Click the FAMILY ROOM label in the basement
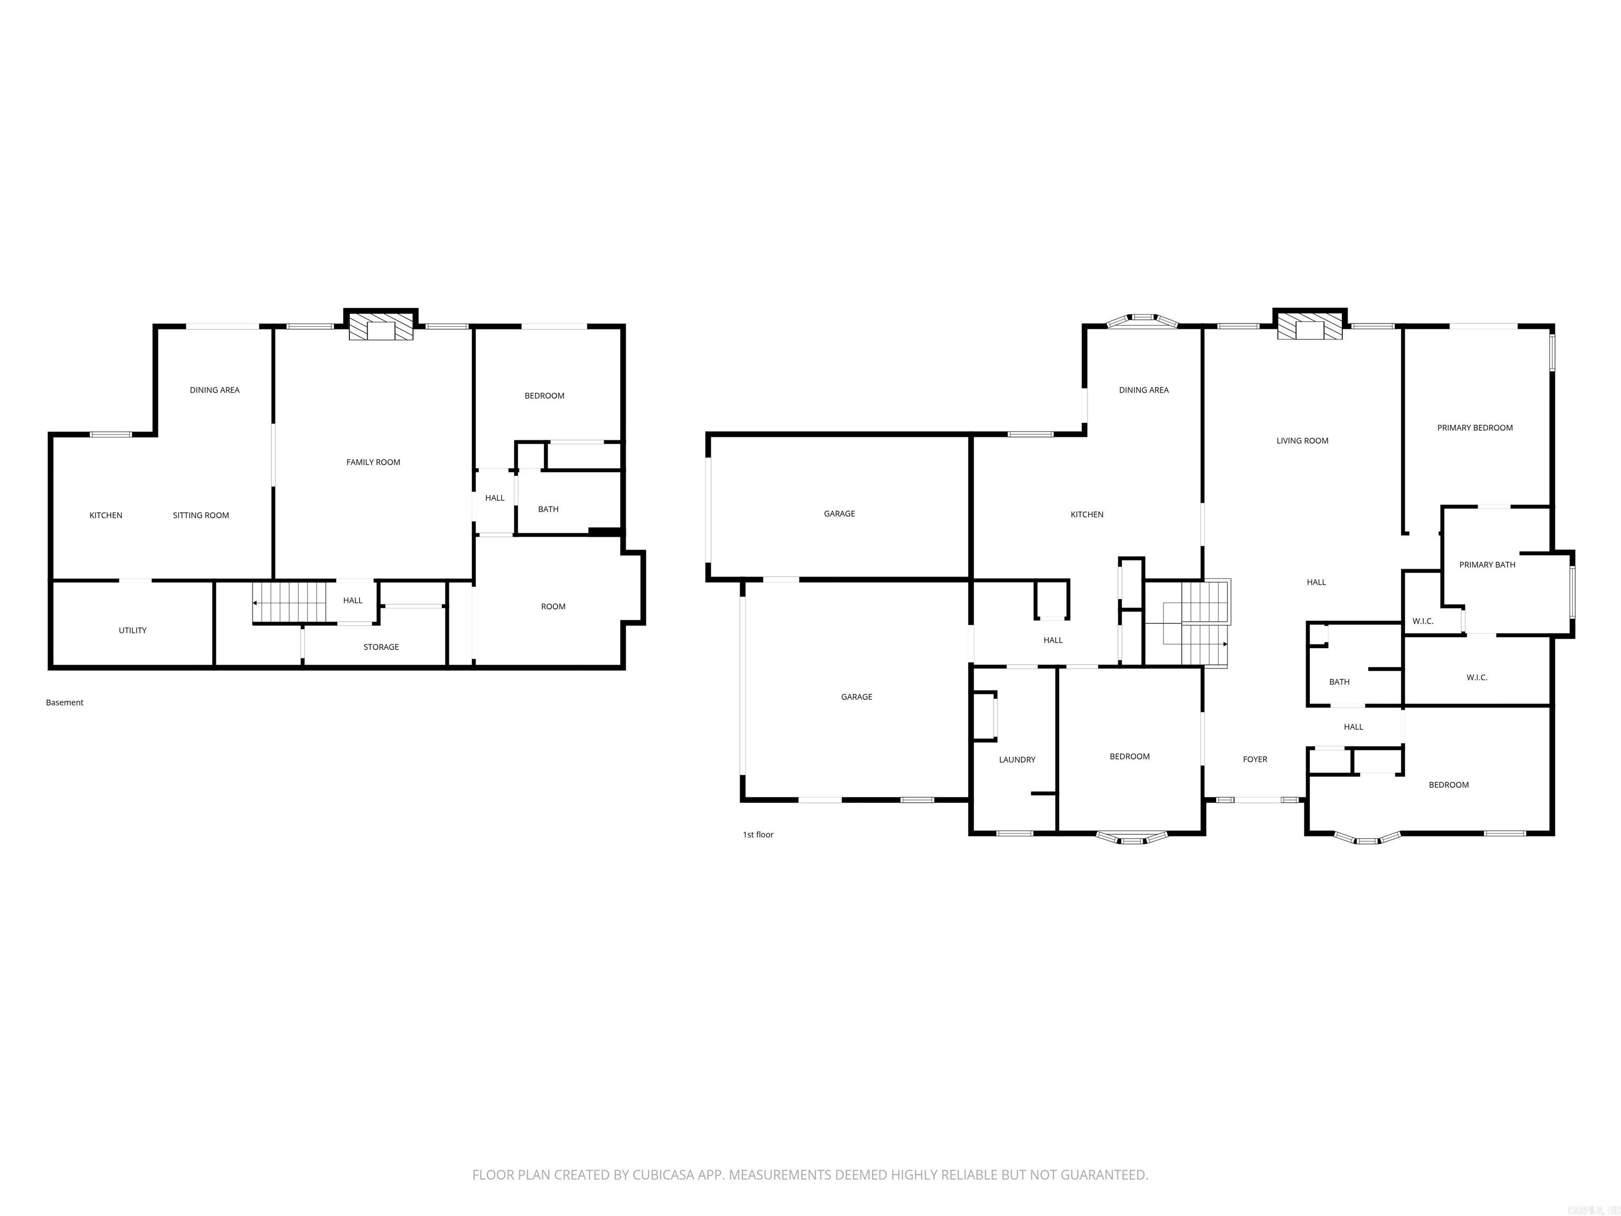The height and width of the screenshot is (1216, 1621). pyautogui.click(x=373, y=462)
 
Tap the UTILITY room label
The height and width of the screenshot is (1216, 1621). pyautogui.click(x=132, y=630)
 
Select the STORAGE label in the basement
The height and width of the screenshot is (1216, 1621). pyautogui.click(x=381, y=647)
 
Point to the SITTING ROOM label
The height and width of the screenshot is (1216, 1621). pyautogui.click(x=201, y=515)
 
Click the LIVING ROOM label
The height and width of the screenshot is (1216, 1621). pyautogui.click(x=1302, y=441)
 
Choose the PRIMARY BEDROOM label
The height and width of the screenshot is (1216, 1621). pyautogui.click(x=1474, y=428)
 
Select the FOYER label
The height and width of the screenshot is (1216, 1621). pyautogui.click(x=1255, y=759)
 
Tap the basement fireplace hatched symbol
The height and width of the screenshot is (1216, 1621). pyautogui.click(x=380, y=328)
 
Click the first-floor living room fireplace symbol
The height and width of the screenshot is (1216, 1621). pyautogui.click(x=1310, y=328)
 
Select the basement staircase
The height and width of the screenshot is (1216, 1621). pyautogui.click(x=290, y=602)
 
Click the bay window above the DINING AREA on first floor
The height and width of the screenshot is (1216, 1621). pyautogui.click(x=1142, y=320)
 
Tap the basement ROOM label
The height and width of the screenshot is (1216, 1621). pyautogui.click(x=554, y=607)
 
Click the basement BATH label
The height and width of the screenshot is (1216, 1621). pyautogui.click(x=548, y=509)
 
